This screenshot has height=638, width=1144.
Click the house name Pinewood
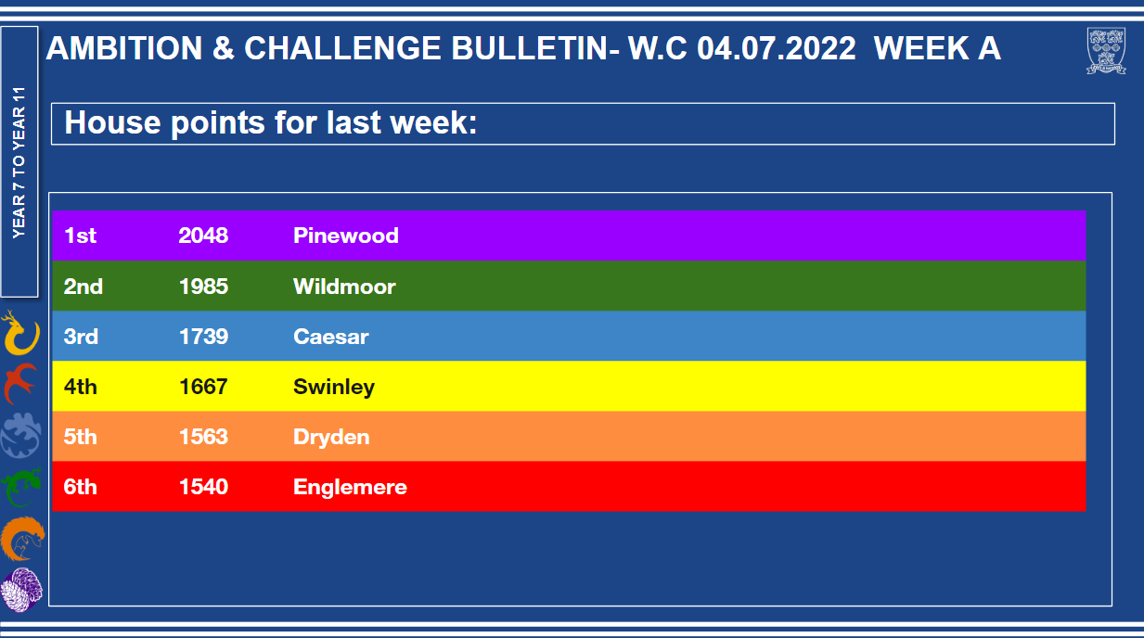tap(346, 236)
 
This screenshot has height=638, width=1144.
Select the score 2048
tap(203, 236)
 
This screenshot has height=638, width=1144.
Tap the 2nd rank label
tap(84, 287)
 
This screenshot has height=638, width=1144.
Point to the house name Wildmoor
tap(344, 287)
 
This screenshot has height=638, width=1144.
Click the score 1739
tap(203, 337)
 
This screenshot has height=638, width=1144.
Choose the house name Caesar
tap(331, 337)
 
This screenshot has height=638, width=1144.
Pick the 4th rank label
tap(80, 387)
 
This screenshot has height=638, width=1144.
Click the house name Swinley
tap(334, 388)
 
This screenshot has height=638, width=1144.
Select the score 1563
tap(203, 437)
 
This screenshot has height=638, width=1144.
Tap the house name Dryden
tap(331, 438)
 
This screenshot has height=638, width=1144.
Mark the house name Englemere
tap(350, 487)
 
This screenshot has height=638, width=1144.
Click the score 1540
tap(203, 487)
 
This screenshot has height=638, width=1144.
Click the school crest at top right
tap(1106, 50)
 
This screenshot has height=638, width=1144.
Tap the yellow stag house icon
tap(20, 333)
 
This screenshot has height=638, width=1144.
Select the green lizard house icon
tap(21, 487)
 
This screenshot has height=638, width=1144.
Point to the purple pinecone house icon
tap(21, 590)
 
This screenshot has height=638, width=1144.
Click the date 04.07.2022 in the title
tap(777, 48)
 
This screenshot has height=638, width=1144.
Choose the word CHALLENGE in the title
tap(342, 48)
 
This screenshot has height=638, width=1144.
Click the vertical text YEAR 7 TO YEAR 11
tap(19, 162)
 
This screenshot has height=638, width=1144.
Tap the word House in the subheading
tap(113, 123)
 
